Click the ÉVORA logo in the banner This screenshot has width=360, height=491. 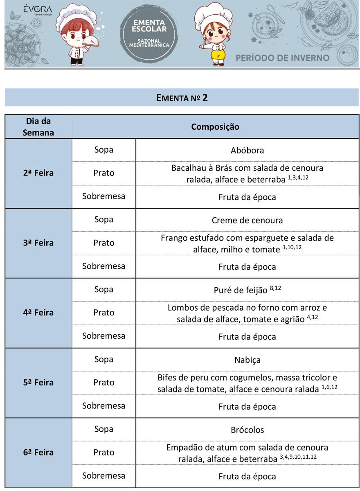[x=37, y=10]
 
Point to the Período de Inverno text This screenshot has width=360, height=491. [x=282, y=58]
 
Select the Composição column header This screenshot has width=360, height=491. [x=215, y=127]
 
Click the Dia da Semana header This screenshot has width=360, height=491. [x=38, y=127]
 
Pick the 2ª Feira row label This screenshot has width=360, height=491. [x=38, y=173]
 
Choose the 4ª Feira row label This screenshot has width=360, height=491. [x=38, y=313]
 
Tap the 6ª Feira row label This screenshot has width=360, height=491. [x=38, y=453]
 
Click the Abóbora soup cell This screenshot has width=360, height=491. [x=247, y=150]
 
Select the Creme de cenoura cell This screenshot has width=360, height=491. [x=247, y=220]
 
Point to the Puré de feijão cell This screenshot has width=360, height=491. [x=247, y=290]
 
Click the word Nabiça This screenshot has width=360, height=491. [x=247, y=360]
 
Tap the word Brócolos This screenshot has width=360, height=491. [x=247, y=430]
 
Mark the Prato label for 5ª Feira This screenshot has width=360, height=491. [x=104, y=383]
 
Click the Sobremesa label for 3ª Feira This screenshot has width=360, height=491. [x=104, y=266]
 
